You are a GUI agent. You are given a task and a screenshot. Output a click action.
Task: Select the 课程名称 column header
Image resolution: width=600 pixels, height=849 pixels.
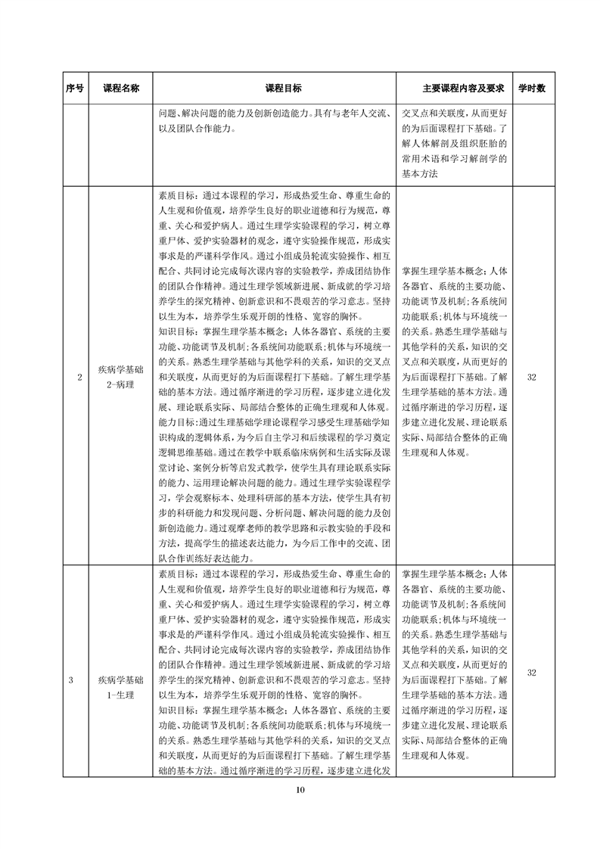coord(121,88)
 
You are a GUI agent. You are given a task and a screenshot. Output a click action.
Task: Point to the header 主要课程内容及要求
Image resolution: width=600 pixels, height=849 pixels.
coord(452,88)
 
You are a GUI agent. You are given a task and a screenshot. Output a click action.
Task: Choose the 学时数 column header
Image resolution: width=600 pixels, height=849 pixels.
coord(531,88)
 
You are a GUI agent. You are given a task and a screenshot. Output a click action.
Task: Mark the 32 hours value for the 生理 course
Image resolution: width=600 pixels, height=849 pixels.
coord(531,673)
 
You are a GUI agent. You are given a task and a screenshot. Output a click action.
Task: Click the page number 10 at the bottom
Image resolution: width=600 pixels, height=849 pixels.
coord(300,791)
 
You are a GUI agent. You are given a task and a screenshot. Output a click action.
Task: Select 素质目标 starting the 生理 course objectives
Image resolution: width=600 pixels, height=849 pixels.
coord(178,576)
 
